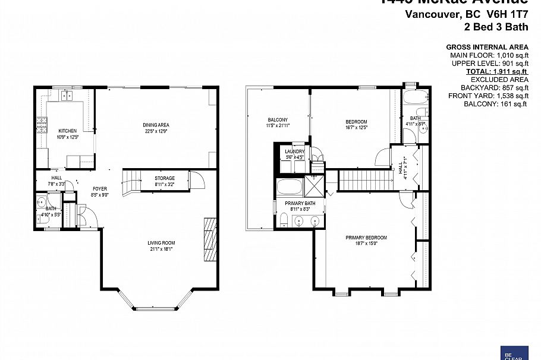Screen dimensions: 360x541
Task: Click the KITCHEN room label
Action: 67,131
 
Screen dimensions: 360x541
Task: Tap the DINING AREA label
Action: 156,125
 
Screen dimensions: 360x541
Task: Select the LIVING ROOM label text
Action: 161,242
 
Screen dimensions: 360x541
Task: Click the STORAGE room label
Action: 165,178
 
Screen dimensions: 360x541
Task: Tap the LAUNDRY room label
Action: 294,152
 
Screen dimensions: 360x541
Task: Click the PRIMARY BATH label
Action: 300,204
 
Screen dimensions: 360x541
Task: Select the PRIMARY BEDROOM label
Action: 366,238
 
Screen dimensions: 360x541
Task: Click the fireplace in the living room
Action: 209,239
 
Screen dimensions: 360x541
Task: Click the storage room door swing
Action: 196,179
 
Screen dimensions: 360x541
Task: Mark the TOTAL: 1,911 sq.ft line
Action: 497,71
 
